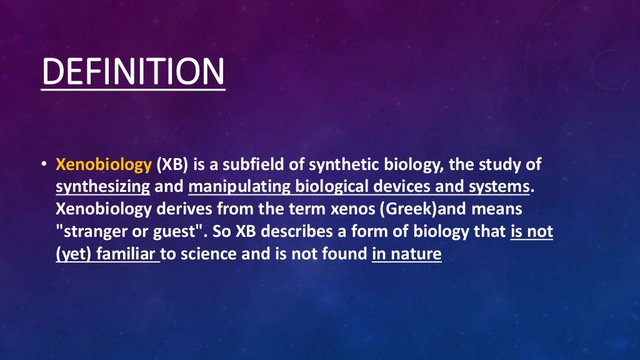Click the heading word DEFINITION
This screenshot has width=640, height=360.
click(x=132, y=72)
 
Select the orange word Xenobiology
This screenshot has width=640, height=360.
click(x=104, y=166)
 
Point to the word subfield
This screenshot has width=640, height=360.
click(x=263, y=166)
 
